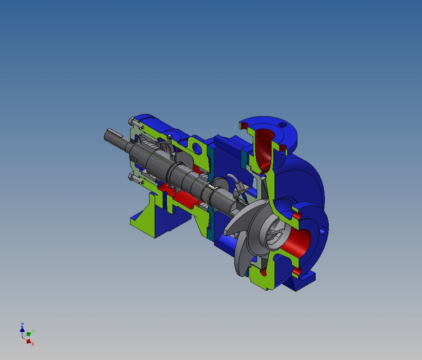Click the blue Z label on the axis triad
click(21, 325)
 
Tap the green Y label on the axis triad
click(33, 331)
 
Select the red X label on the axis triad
click(33, 344)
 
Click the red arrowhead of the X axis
click(28, 340)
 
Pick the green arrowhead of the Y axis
click(29, 334)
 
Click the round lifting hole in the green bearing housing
click(197, 148)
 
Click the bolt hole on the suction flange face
click(323, 230)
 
